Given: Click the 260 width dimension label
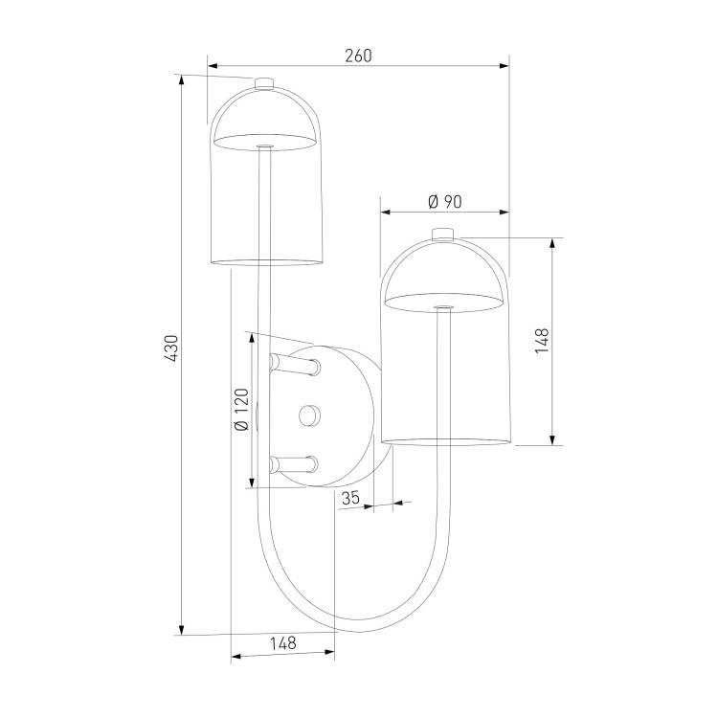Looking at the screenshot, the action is point(358,56).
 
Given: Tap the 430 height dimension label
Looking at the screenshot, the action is point(172,348).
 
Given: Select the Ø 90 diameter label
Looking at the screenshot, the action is point(444,201).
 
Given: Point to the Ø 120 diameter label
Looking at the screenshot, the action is point(241,410).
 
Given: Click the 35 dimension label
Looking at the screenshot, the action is point(350,498).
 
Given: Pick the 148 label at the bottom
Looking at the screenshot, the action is point(283,643).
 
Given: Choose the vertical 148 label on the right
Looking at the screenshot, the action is point(542,340).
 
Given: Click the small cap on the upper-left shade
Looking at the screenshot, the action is point(264,83).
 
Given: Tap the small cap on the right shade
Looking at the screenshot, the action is point(442,234).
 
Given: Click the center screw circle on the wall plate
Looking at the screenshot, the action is point(309,415).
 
